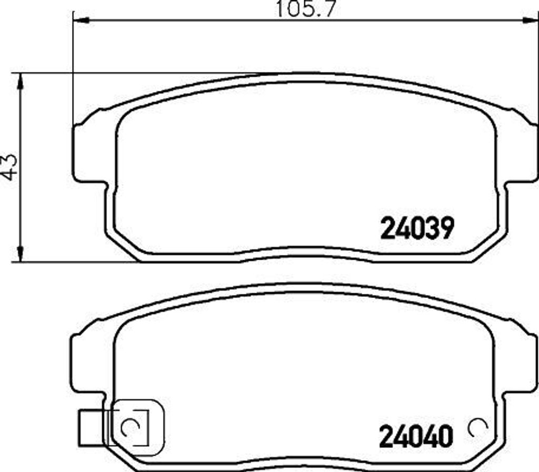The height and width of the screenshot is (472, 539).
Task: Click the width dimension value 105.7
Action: tap(305, 9)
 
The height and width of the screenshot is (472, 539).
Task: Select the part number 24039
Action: tap(416, 229)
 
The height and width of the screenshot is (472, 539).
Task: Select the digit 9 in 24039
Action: tap(445, 229)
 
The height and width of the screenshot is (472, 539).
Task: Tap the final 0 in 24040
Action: tap(445, 436)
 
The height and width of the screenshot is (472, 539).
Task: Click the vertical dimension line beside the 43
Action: tap(20, 210)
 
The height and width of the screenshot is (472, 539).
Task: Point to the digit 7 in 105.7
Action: tap(330, 9)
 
